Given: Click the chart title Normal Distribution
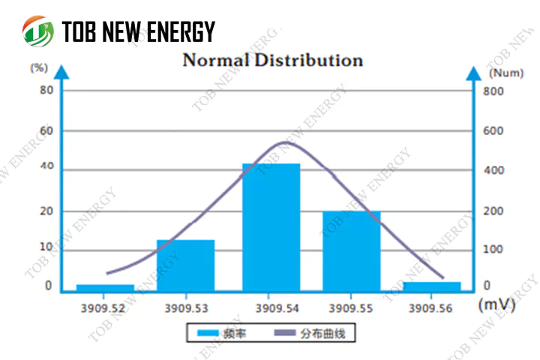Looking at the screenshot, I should [x=272, y=60].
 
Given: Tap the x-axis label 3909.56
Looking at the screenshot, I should [x=433, y=307].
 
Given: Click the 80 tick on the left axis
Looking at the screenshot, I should [x=46, y=90].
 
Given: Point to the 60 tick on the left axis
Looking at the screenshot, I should [x=46, y=130].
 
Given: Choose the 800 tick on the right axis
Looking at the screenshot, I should [x=493, y=91].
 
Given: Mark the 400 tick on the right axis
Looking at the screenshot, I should [x=493, y=171].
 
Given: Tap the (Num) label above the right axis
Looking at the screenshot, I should [x=506, y=73].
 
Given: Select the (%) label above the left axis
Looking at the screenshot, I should [x=38, y=67].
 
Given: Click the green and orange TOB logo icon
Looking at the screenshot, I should [x=37, y=31].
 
